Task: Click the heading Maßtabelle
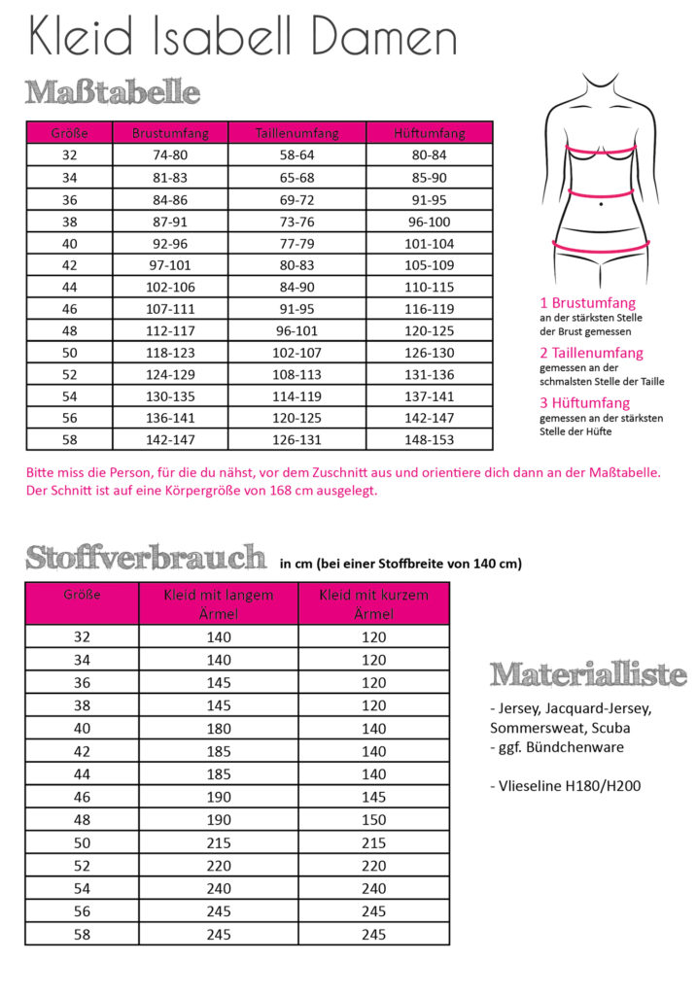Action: click(113, 93)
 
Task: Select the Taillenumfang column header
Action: click(296, 133)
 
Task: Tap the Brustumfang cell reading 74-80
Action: click(170, 155)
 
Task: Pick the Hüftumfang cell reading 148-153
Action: click(428, 439)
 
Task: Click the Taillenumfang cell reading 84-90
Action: click(296, 287)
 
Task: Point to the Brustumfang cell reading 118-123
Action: click(170, 352)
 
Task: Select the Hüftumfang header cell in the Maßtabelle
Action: click(429, 133)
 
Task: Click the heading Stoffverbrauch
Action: click(146, 559)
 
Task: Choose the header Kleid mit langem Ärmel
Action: click(218, 603)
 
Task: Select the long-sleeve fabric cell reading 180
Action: click(218, 729)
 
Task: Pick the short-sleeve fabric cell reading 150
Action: click(373, 820)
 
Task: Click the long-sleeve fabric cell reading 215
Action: click(218, 843)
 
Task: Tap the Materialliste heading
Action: click(588, 674)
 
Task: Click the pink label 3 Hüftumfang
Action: click(585, 403)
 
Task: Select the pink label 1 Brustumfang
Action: click(588, 303)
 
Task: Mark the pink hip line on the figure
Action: click(600, 247)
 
